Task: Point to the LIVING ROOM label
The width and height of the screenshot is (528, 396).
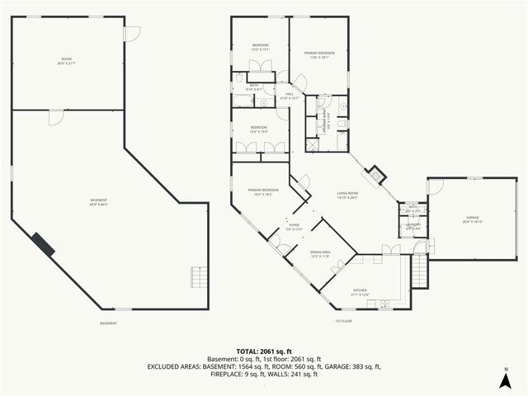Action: [x=348, y=196]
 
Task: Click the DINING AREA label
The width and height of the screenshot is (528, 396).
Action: [x=320, y=254]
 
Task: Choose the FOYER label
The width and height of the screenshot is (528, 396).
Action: [x=294, y=226]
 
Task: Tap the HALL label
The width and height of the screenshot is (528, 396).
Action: [x=290, y=96]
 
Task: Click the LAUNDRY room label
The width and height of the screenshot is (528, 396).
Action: [x=413, y=225]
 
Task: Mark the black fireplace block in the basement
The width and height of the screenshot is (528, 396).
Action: [x=43, y=244]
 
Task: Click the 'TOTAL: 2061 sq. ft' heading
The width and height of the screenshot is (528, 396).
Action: [x=264, y=351]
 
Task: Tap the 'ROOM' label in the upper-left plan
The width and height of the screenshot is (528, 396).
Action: [x=66, y=61]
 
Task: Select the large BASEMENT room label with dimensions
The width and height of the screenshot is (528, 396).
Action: [x=99, y=202]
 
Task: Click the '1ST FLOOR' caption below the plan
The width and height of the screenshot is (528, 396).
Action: [x=344, y=322]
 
